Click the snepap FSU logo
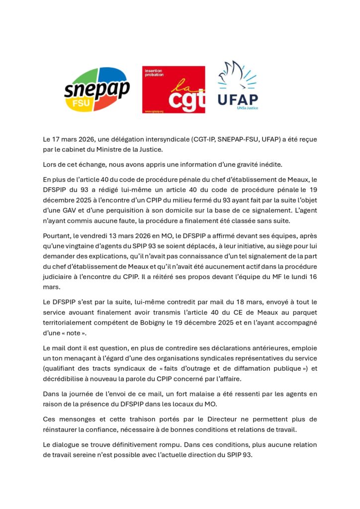pos(96,89)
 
